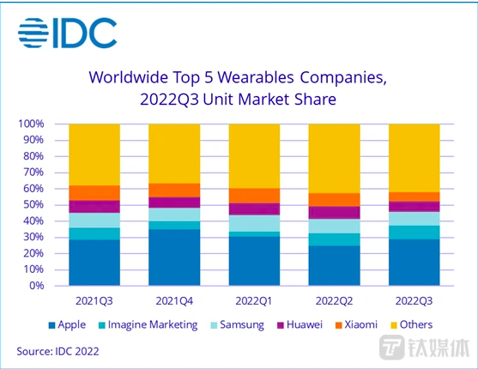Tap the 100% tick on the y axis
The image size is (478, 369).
click(x=32, y=124)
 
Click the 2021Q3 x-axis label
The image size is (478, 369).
click(x=94, y=302)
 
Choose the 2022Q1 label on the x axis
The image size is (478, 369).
click(x=254, y=302)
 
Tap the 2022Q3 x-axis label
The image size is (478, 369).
click(x=414, y=302)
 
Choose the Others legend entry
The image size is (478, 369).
click(x=415, y=324)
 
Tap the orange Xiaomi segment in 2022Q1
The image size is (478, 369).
click(x=254, y=196)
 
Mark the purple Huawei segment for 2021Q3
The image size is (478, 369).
click(x=94, y=206)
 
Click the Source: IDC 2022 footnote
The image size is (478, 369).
click(x=57, y=351)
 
